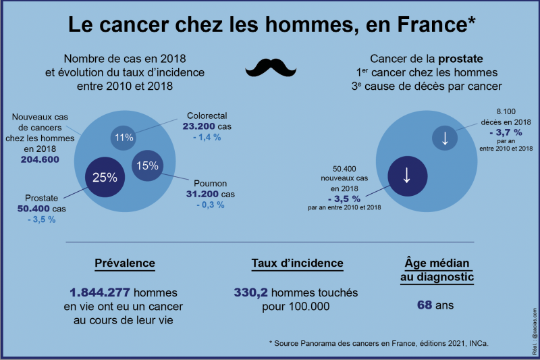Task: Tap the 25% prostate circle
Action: click(x=105, y=178)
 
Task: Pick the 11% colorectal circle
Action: click(x=124, y=138)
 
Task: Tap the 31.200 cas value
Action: click(x=209, y=194)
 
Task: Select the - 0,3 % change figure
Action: click(x=209, y=205)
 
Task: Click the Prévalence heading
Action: click(x=124, y=263)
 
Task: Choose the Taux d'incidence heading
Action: click(x=297, y=263)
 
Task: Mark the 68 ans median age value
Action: click(x=435, y=305)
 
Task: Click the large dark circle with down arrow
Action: click(x=406, y=175)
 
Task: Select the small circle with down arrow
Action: click(x=445, y=138)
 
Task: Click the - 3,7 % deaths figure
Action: click(x=515, y=132)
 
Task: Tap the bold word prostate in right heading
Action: click(x=458, y=59)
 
